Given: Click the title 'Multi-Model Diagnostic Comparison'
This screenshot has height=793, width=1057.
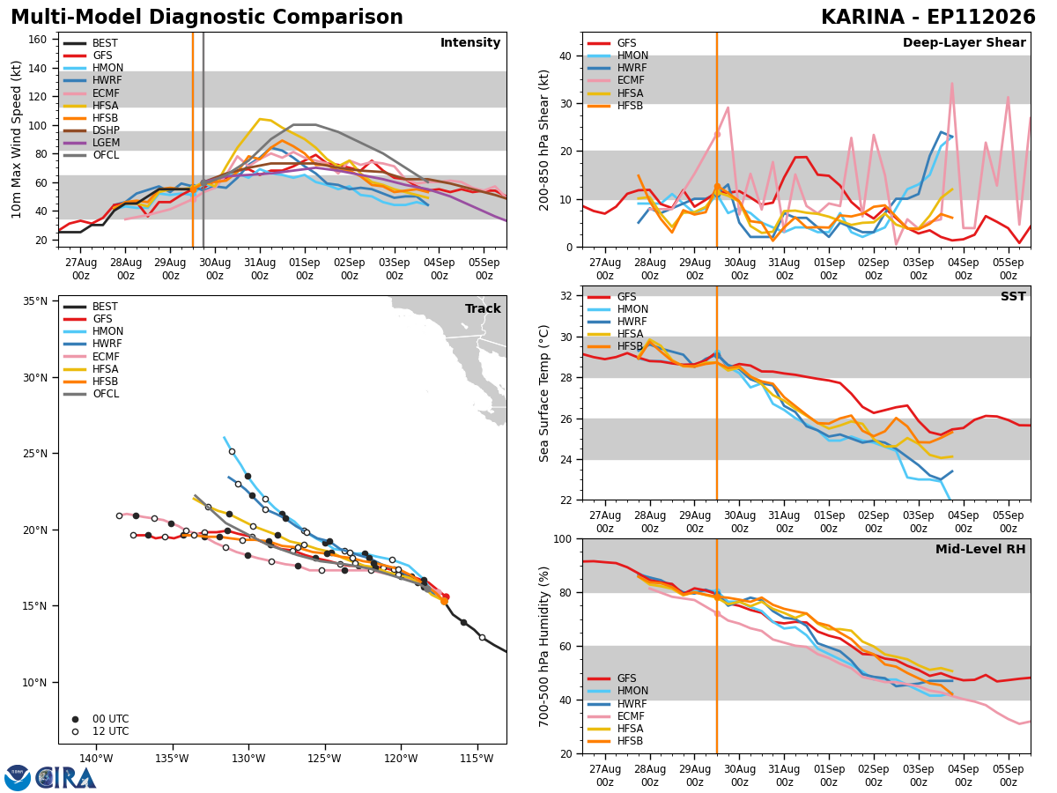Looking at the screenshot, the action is pos(207,17).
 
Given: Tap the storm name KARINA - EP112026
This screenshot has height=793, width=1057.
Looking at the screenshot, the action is pos(928,17).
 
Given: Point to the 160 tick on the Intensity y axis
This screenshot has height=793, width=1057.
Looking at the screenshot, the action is pos(37,40).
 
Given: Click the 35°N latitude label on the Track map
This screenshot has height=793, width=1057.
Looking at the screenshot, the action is pos(35,301).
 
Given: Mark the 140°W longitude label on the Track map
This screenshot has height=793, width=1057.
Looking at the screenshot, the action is pos(96,759).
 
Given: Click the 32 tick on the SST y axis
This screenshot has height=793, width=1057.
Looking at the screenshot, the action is pos(566,296).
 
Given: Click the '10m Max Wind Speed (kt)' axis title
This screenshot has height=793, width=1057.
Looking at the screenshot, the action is pos(16,139).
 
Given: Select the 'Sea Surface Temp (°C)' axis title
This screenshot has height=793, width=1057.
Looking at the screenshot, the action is pos(543,394).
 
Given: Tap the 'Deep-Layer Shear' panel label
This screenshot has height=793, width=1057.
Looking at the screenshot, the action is pos(964,42).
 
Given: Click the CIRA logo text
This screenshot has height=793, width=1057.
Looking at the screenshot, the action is pos(66,778).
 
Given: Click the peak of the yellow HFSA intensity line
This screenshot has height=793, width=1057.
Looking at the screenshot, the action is pos(260,119).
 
